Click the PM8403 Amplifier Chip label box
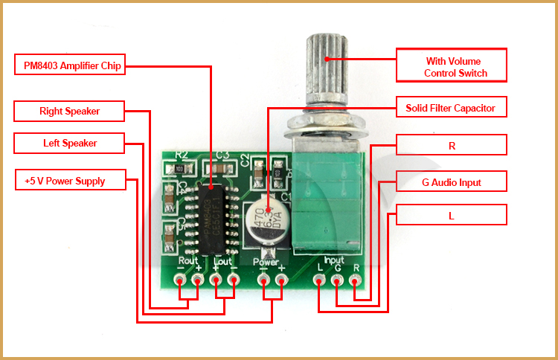point(69,65)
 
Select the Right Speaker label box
point(69,112)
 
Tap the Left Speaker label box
point(69,143)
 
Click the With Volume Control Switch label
point(451,65)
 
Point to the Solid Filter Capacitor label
point(451,108)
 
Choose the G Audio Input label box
point(451,181)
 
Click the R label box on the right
point(451,145)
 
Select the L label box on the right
point(451,215)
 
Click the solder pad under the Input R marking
point(356,280)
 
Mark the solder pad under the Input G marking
point(338,280)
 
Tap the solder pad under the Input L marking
point(320,280)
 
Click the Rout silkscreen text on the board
point(189,262)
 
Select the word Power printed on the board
point(266,263)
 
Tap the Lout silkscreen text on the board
point(223,262)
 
